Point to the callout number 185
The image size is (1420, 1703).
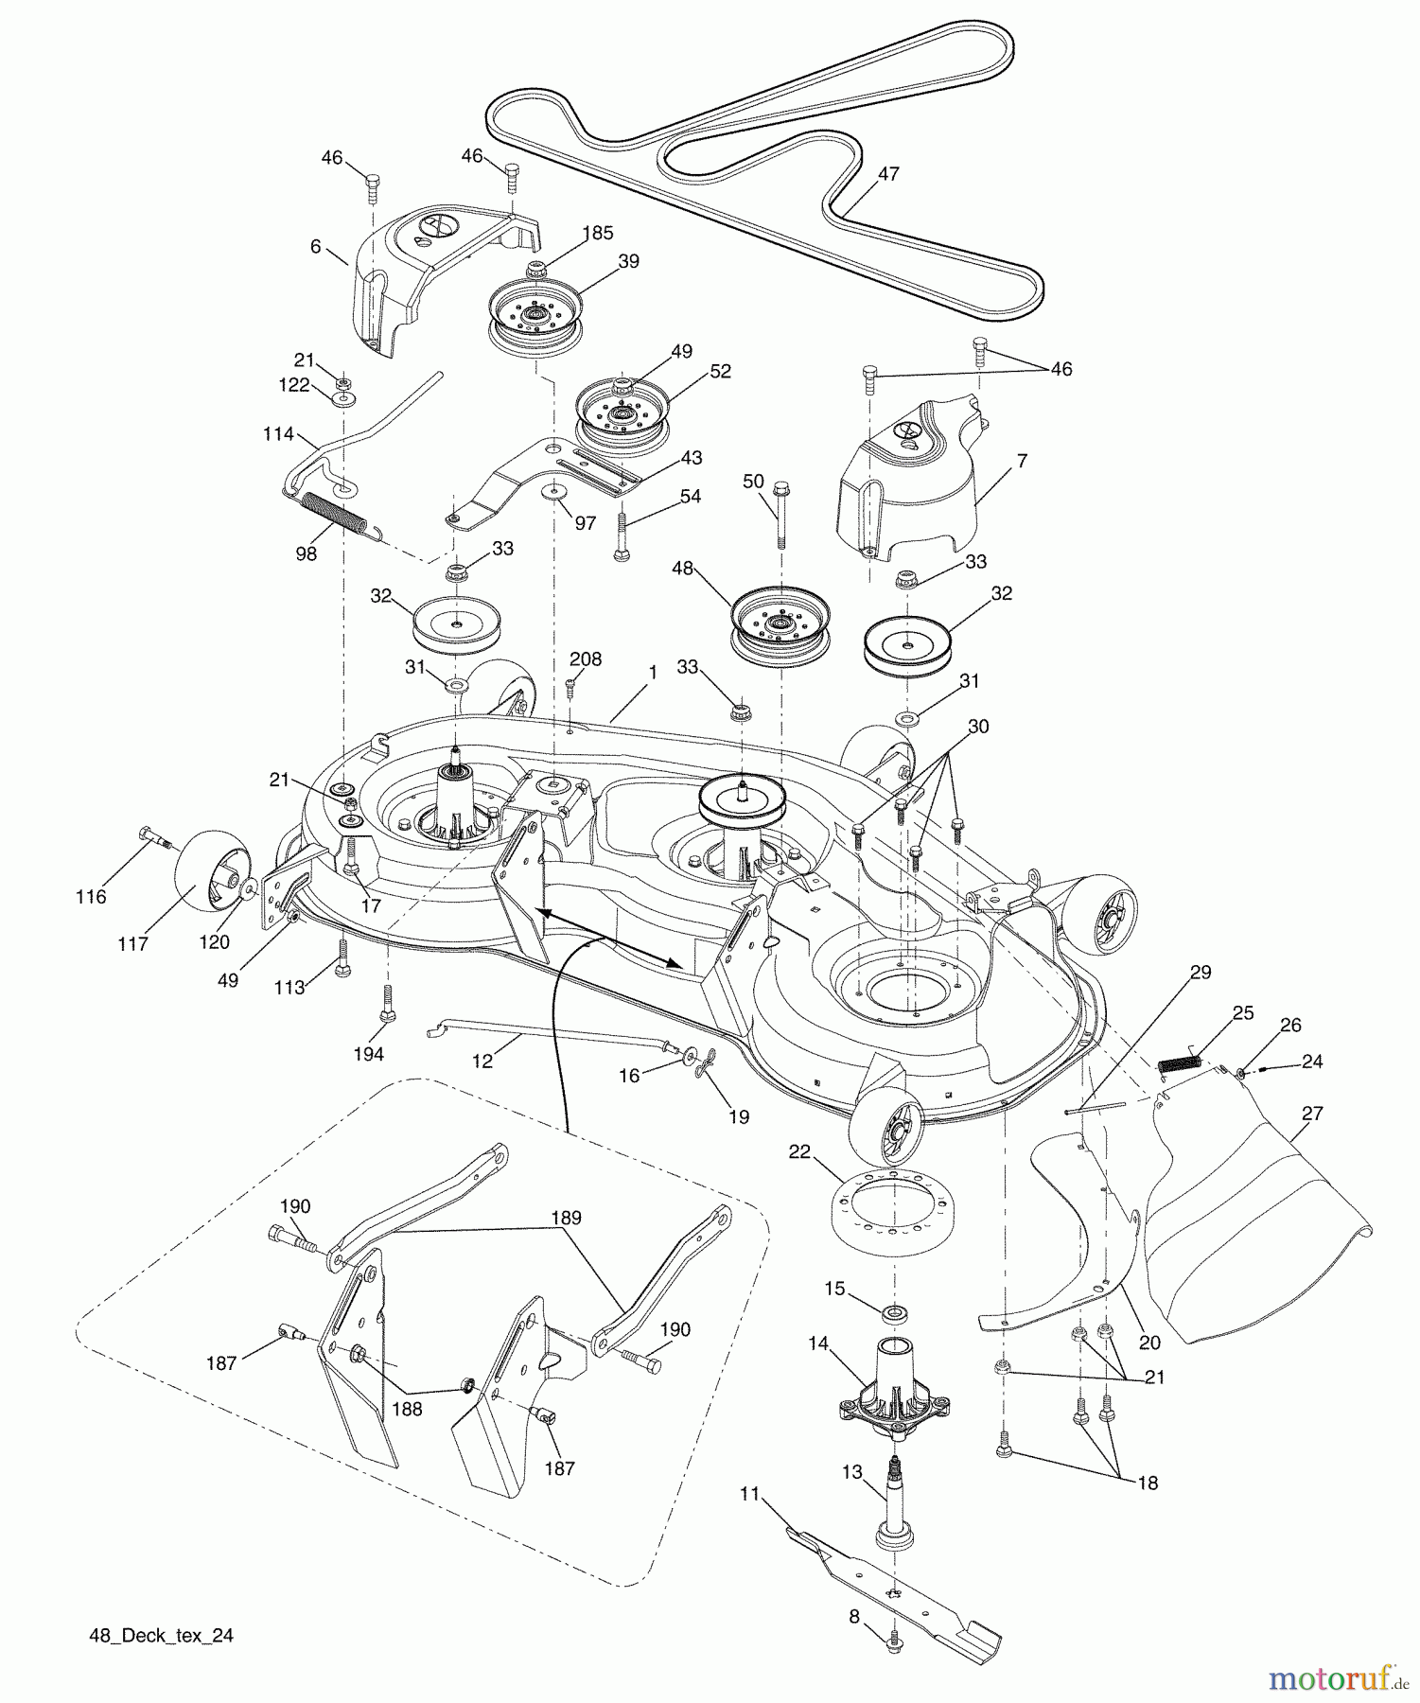pos(597,233)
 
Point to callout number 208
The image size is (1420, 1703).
pos(585,659)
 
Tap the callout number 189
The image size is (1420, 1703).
pos(566,1218)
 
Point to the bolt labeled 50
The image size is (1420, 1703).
pos(781,516)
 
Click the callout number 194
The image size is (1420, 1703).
pos(368,1054)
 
